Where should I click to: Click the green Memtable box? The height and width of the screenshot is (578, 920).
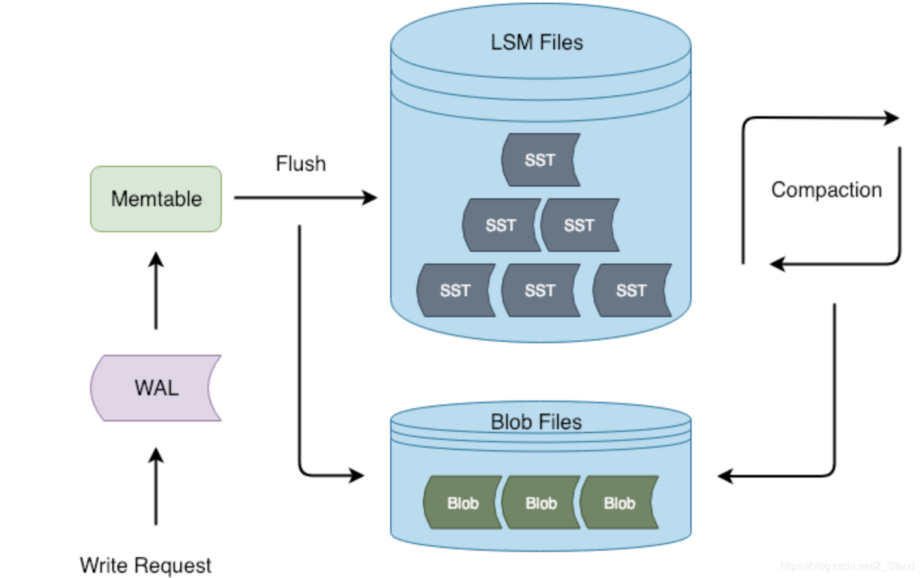pyautogui.click(x=156, y=199)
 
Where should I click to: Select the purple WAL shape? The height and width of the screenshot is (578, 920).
pyautogui.click(x=156, y=388)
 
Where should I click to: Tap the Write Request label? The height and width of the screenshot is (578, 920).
pyautogui.click(x=146, y=565)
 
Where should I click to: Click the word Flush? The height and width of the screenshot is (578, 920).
pyautogui.click(x=301, y=164)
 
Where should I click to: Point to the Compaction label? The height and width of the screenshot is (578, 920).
pyautogui.click(x=826, y=190)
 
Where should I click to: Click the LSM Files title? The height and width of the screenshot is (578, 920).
pyautogui.click(x=536, y=42)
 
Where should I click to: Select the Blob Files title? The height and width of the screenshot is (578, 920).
pyautogui.click(x=536, y=422)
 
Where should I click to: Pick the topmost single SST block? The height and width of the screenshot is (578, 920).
pyautogui.click(x=540, y=160)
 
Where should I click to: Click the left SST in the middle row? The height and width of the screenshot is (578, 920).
pyautogui.click(x=501, y=225)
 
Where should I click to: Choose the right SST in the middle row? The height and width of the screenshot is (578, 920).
pyautogui.click(x=579, y=225)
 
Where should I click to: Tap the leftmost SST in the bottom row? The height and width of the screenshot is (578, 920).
pyautogui.click(x=455, y=290)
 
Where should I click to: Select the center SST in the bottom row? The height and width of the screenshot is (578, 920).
pyautogui.click(x=540, y=290)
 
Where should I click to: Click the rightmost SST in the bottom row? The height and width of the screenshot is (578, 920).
pyautogui.click(x=632, y=290)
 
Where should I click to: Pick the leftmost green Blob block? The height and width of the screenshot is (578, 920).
pyautogui.click(x=463, y=503)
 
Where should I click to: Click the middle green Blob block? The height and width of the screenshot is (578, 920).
pyautogui.click(x=541, y=503)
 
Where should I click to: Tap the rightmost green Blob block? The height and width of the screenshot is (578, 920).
pyautogui.click(x=619, y=503)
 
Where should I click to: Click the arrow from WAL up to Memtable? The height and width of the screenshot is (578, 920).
pyautogui.click(x=156, y=292)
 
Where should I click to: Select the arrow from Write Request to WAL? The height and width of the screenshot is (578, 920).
pyautogui.click(x=156, y=486)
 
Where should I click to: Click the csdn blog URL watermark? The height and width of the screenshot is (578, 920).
pyautogui.click(x=847, y=566)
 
